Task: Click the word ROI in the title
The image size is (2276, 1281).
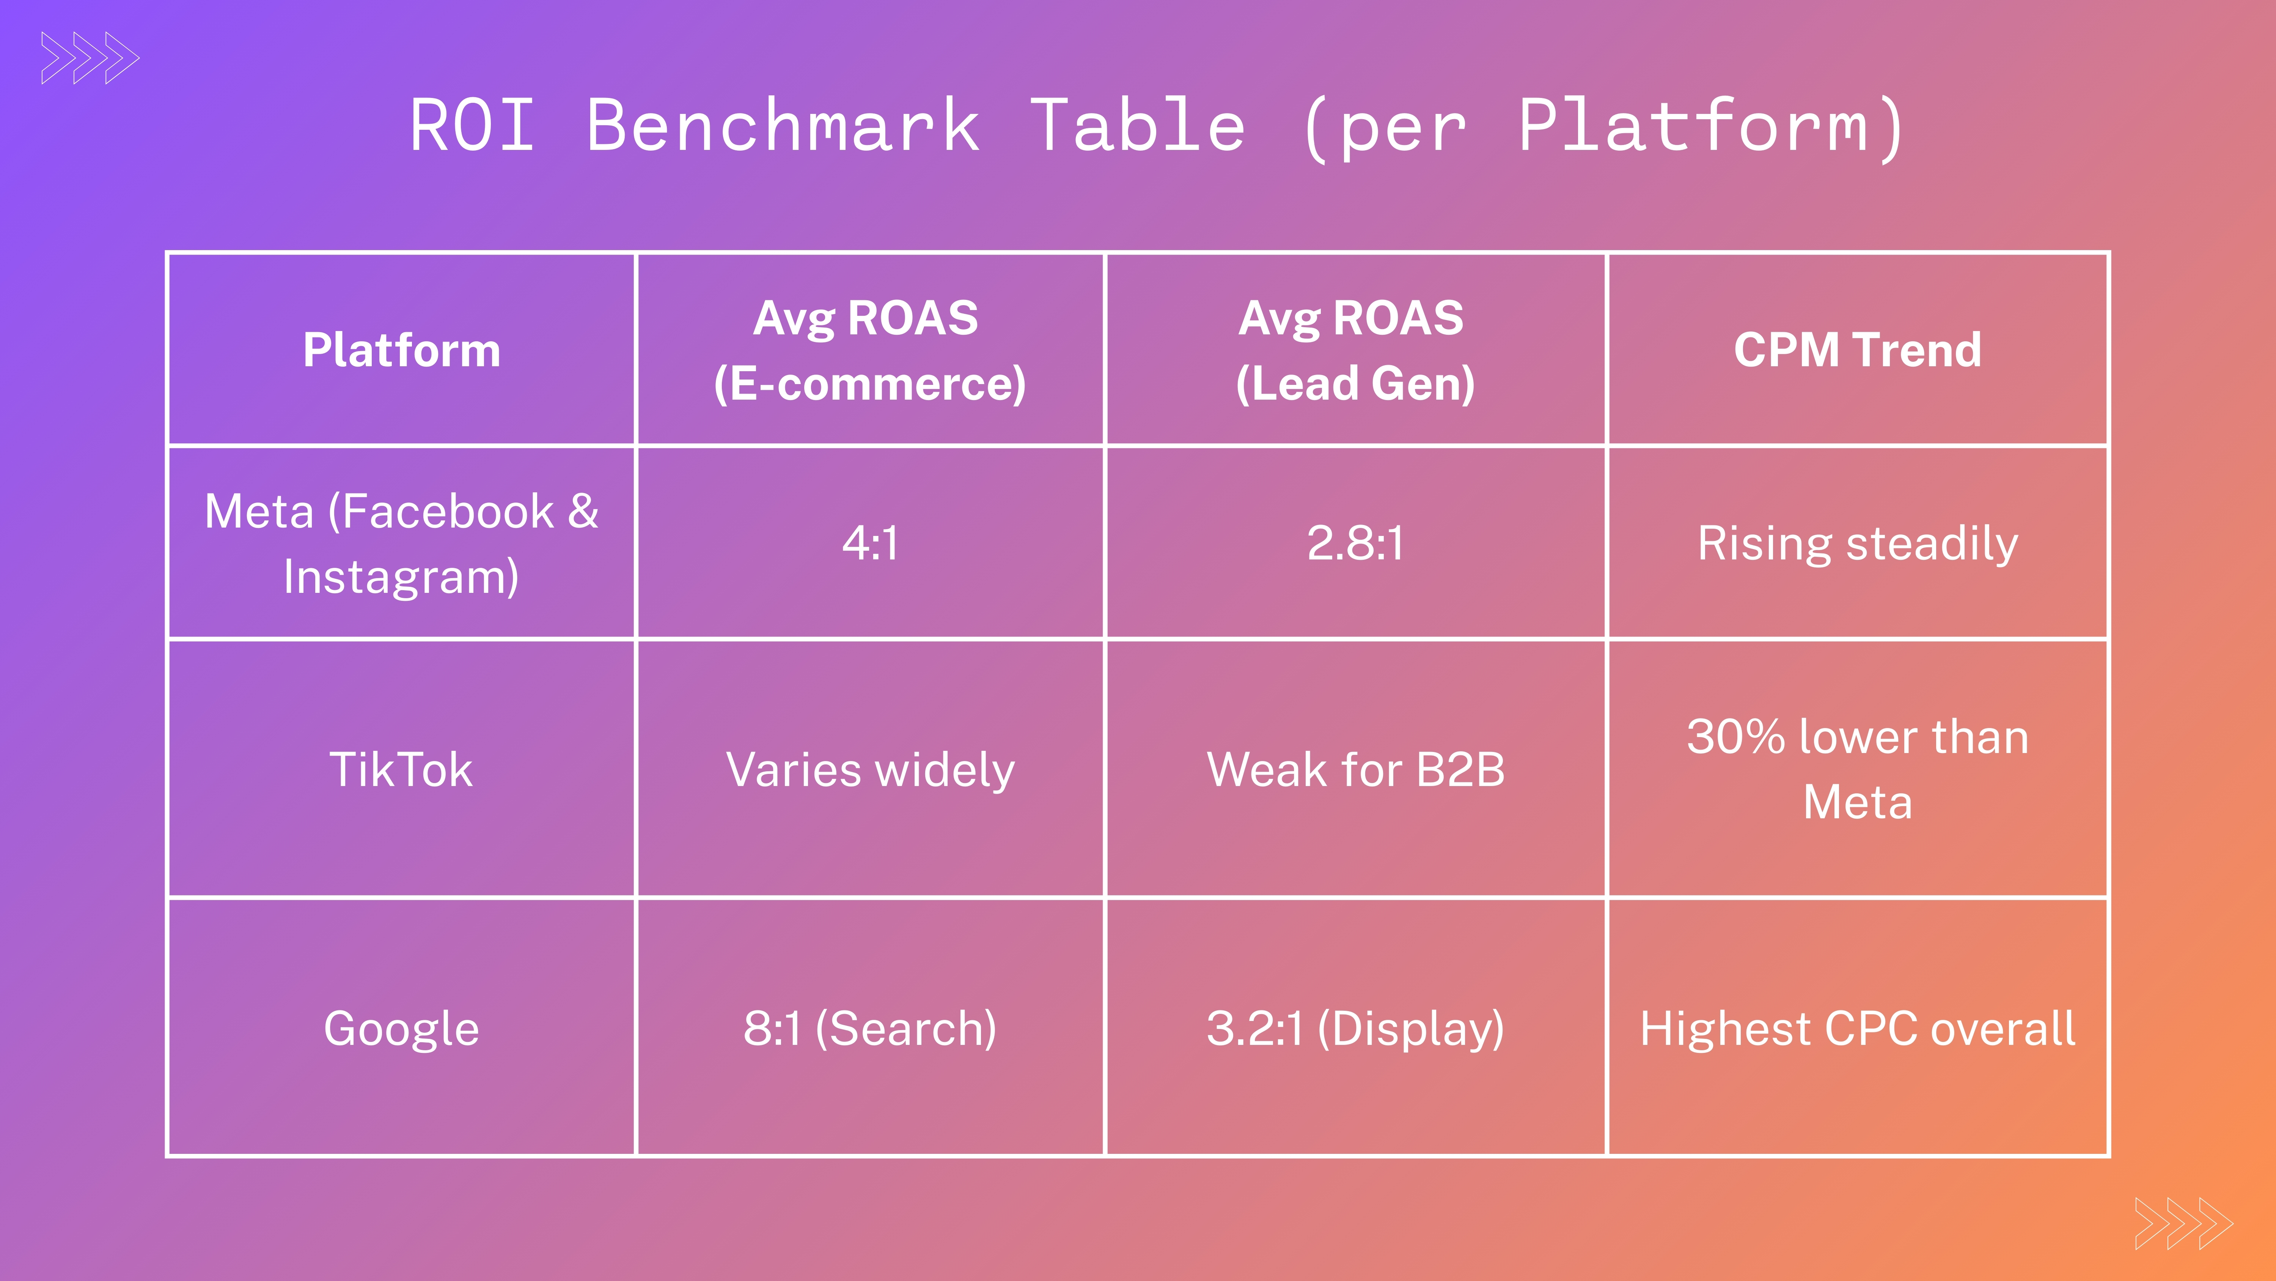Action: (473, 126)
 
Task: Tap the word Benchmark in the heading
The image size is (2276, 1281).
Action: (783, 126)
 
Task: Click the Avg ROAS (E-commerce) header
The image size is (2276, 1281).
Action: (869, 350)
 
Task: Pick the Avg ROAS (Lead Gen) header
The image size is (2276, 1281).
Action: (1355, 350)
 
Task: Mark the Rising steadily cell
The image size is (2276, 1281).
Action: (1857, 544)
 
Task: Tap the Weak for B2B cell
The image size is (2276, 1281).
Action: (1355, 769)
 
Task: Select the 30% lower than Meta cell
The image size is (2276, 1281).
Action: (1857, 769)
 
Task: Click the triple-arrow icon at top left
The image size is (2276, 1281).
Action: (90, 58)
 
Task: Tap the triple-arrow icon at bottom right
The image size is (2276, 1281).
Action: (2183, 1224)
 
